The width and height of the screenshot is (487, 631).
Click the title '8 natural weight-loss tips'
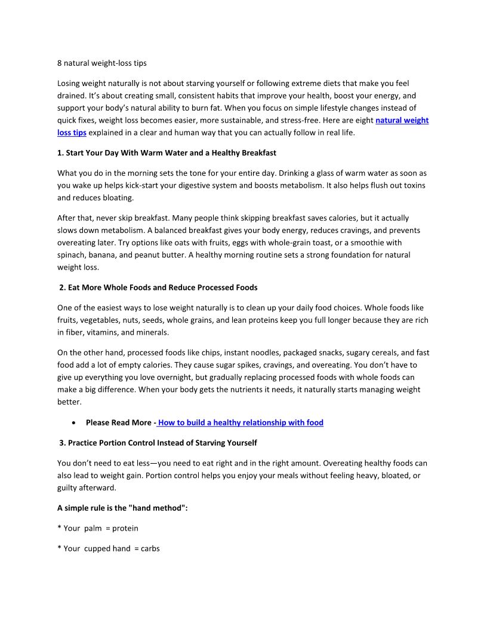(x=101, y=63)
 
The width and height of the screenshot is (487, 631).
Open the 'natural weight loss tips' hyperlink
(x=402, y=120)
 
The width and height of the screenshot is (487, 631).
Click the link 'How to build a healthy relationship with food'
(x=241, y=422)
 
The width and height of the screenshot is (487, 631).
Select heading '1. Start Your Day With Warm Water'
(x=167, y=153)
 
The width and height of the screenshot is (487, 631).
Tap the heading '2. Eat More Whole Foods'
(x=158, y=287)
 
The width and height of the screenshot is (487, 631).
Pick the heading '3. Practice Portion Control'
(x=158, y=443)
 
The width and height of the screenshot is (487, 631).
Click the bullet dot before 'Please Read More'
(x=73, y=423)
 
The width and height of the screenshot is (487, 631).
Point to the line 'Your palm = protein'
(x=98, y=528)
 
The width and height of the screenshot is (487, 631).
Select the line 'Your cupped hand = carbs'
(x=109, y=548)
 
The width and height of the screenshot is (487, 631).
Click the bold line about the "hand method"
(x=122, y=509)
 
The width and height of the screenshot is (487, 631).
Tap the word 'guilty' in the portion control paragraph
(x=69, y=488)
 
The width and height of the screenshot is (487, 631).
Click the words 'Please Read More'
(x=118, y=422)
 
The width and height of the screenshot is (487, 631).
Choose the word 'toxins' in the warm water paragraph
(x=413, y=185)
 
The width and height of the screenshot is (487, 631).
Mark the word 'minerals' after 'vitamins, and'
(x=152, y=332)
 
